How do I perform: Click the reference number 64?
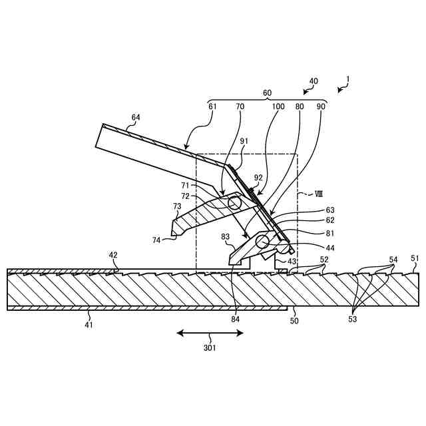(x=135, y=117)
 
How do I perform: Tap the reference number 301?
(x=210, y=346)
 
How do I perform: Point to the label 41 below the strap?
(x=89, y=325)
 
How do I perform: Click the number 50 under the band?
(x=294, y=321)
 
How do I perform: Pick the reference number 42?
(x=113, y=255)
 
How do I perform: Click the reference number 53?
(x=353, y=319)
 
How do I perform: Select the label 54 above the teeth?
(x=394, y=259)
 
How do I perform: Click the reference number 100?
(x=278, y=106)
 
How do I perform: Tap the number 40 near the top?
(x=313, y=81)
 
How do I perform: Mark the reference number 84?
(x=236, y=319)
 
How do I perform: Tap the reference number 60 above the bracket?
(x=267, y=93)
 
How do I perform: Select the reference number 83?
(x=226, y=237)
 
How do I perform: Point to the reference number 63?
(x=330, y=210)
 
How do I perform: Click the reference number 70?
(x=240, y=106)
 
